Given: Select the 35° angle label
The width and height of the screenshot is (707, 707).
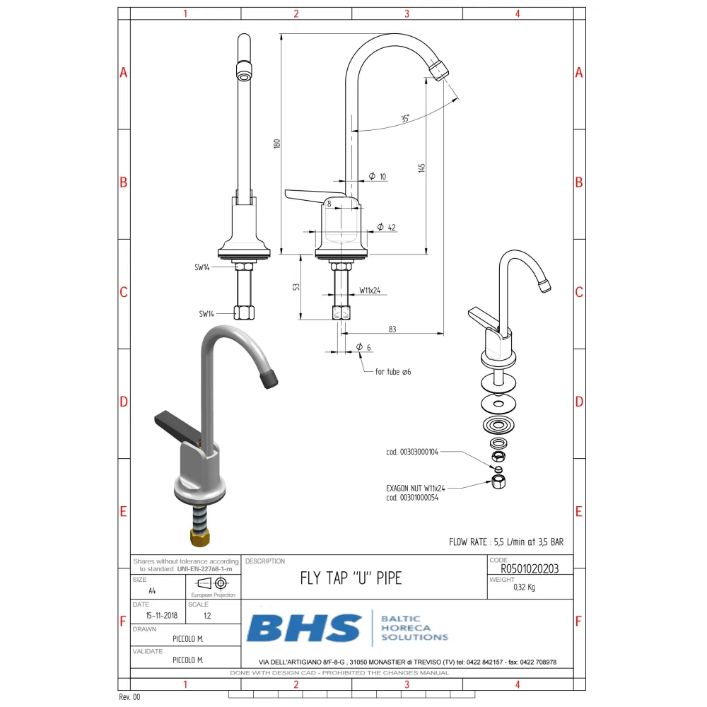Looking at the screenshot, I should pyautogui.click(x=405, y=119).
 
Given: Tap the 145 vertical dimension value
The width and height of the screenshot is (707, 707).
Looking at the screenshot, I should pyautogui.click(x=422, y=168).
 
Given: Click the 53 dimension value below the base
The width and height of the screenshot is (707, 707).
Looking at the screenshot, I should pyautogui.click(x=297, y=287).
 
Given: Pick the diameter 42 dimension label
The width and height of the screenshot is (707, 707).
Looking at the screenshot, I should pyautogui.click(x=386, y=227).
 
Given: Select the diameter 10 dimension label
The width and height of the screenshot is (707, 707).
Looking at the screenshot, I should pyautogui.click(x=378, y=176).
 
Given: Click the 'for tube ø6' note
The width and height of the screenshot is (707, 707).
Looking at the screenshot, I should pyautogui.click(x=393, y=371).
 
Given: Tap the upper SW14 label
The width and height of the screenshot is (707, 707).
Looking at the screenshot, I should pyautogui.click(x=203, y=267).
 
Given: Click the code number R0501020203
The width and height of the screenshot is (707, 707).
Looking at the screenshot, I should pyautogui.click(x=530, y=568).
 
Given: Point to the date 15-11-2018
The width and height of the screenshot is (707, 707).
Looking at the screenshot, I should pyautogui.click(x=158, y=615).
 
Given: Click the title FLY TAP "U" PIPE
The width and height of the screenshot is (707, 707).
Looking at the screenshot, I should pyautogui.click(x=351, y=578).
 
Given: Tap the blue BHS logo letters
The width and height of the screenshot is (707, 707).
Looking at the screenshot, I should pyautogui.click(x=304, y=628).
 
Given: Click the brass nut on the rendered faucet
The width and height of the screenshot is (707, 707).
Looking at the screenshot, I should pyautogui.click(x=200, y=537).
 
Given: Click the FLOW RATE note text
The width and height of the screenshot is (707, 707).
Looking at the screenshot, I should pyautogui.click(x=506, y=542).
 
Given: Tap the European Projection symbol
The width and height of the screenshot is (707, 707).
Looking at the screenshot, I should pyautogui.click(x=212, y=583).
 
